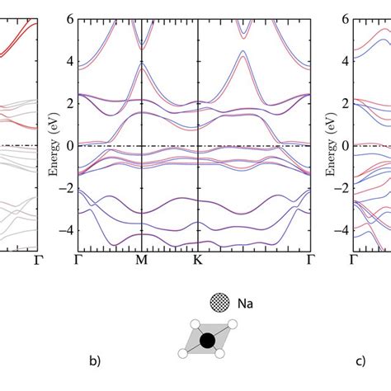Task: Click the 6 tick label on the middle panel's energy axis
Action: (70, 19)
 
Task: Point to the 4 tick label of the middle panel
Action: (70, 61)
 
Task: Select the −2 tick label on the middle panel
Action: (67, 188)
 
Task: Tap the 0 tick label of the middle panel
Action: (70, 146)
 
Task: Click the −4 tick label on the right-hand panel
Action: (342, 230)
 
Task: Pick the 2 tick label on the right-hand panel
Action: (346, 104)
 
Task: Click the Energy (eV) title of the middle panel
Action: (54, 144)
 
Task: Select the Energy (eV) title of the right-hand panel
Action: (331, 144)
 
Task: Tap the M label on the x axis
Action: (142, 260)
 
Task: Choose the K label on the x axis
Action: (198, 260)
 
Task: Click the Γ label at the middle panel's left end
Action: (78, 260)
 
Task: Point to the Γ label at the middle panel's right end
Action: (311, 260)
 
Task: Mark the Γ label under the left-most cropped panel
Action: (38, 260)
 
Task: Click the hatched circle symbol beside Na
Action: (219, 303)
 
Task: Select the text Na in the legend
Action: (245, 304)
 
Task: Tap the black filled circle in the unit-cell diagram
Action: (207, 341)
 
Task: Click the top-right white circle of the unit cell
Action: (233, 324)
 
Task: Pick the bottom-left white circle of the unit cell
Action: (183, 353)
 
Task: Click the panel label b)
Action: (95, 360)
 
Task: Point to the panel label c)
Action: (360, 361)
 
